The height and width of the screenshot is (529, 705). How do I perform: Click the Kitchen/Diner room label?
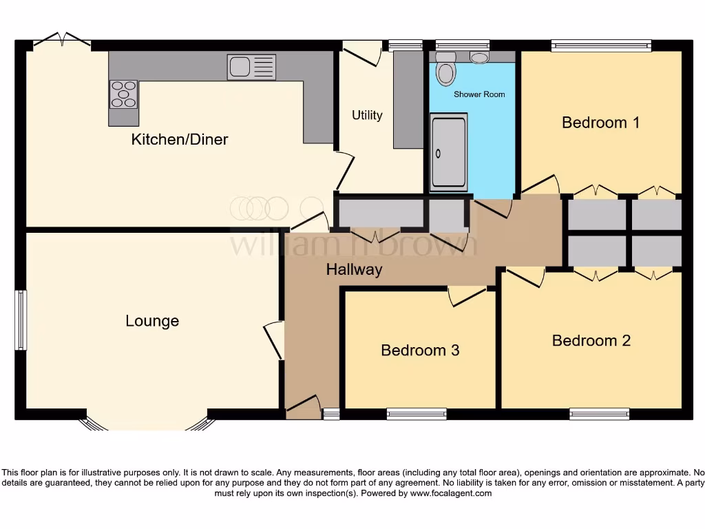click(180, 140)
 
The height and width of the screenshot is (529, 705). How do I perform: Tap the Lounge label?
click(152, 321)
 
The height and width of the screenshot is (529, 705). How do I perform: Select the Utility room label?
click(367, 115)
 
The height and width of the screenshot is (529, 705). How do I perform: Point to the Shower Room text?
click(479, 94)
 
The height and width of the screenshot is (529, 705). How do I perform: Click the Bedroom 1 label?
click(600, 123)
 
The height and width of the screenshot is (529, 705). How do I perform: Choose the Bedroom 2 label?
click(591, 340)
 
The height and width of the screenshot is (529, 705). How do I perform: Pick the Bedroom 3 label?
click(420, 350)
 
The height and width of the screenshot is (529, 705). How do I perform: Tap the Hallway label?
click(354, 270)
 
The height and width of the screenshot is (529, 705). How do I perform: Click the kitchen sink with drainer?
click(251, 67)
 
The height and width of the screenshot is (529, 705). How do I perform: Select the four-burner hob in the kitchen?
click(123, 94)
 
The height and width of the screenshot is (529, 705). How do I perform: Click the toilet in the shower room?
click(446, 70)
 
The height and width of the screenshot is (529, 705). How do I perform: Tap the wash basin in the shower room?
click(479, 57)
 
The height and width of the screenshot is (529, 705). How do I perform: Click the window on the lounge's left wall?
click(21, 320)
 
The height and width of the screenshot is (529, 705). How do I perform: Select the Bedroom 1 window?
click(600, 45)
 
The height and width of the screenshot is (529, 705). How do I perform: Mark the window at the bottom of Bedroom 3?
click(417, 414)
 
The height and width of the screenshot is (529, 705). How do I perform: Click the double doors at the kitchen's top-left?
click(62, 42)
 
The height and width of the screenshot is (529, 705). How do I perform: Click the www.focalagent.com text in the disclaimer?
click(451, 493)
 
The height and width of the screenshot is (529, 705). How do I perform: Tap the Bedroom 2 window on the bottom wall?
click(599, 414)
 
